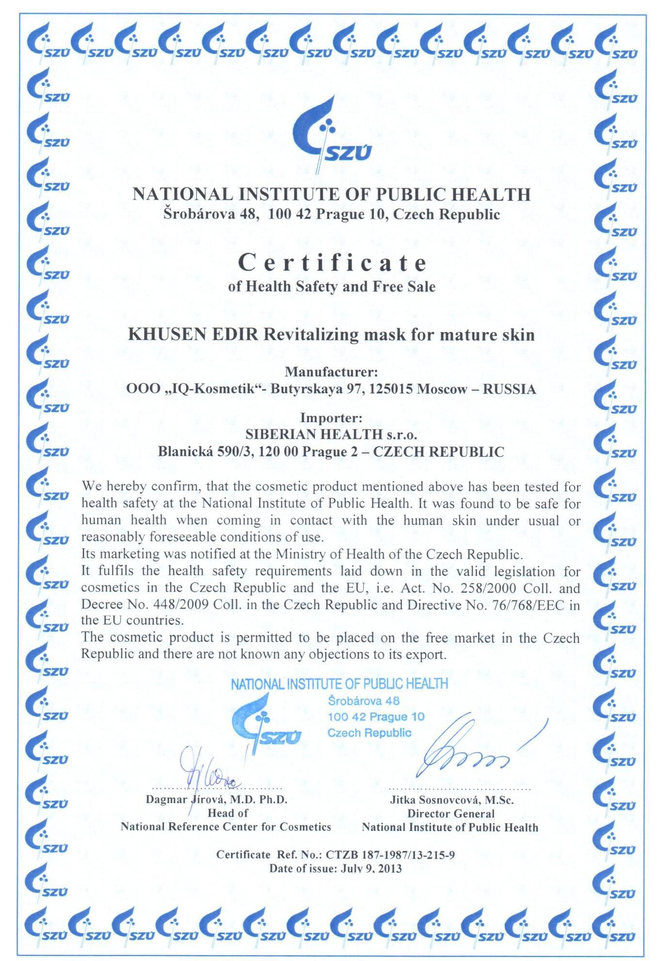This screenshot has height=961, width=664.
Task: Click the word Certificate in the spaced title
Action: [x=333, y=262]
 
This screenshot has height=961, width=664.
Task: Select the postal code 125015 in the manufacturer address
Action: [x=390, y=389]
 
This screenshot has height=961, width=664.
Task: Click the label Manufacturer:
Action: [x=331, y=372]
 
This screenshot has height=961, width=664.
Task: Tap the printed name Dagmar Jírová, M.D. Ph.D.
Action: [x=217, y=799]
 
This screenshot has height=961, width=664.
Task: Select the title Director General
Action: [x=450, y=814]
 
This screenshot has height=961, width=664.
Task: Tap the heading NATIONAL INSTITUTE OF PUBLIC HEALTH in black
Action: [x=331, y=194]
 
